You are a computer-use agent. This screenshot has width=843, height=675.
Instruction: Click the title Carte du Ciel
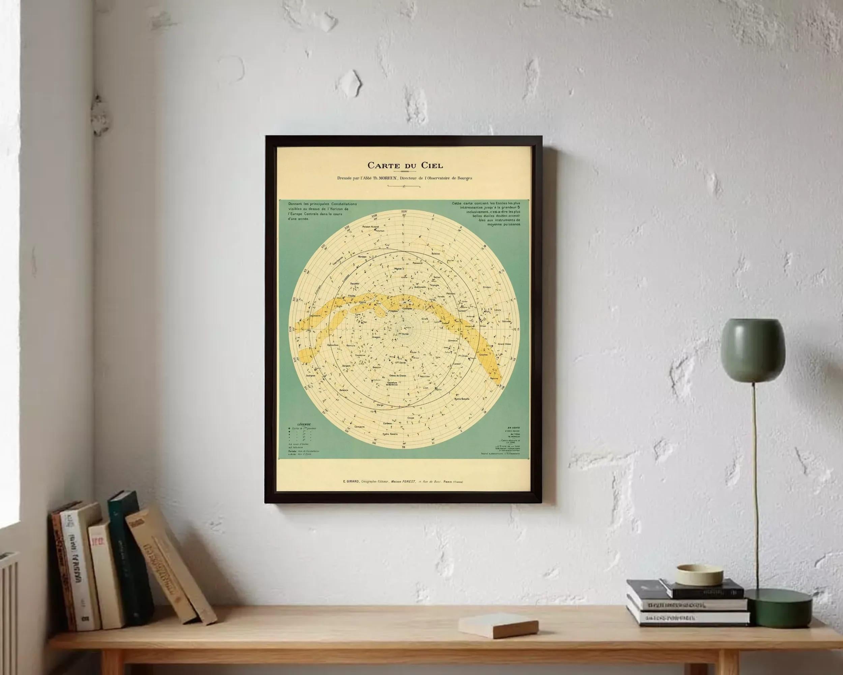point(405,165)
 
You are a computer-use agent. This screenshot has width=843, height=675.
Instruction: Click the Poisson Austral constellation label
point(371,226)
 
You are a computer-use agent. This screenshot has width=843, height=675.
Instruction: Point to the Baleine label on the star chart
point(436,253)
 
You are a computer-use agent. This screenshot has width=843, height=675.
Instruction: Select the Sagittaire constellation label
point(318,315)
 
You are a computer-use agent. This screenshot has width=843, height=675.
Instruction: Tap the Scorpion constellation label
point(311,375)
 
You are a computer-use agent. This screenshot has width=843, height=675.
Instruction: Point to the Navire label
point(494,378)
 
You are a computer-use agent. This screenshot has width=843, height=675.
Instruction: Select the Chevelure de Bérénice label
point(392,384)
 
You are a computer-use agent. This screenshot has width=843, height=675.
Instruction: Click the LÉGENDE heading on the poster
point(304,424)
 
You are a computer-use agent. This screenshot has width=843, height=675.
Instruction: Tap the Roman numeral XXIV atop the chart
point(404,211)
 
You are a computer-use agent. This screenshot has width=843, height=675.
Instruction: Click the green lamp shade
point(753,350)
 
